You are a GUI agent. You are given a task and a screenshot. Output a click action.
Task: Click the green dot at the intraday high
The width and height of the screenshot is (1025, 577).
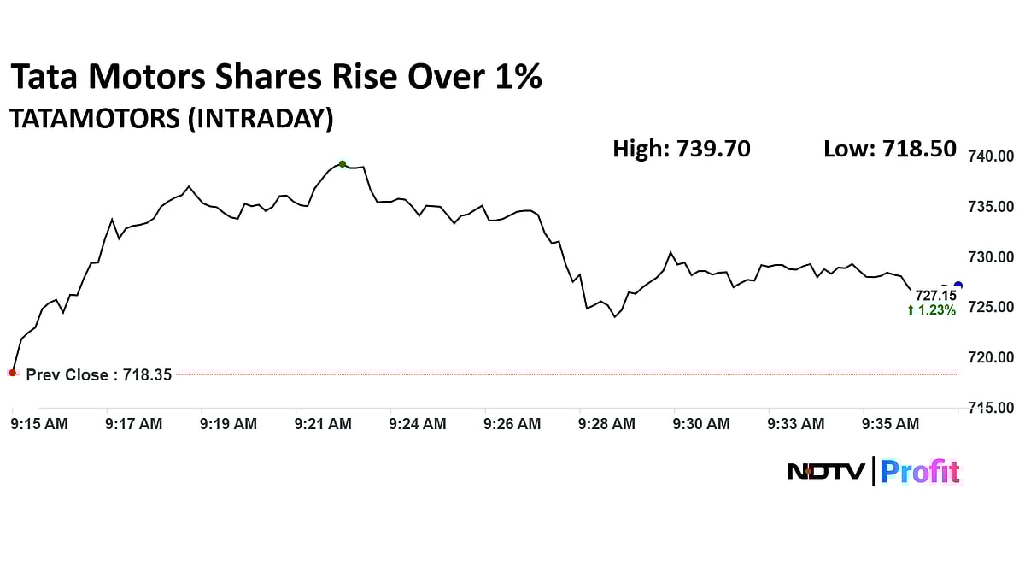click(343, 164)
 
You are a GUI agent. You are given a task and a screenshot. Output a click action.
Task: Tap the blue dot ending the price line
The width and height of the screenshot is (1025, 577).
click(958, 286)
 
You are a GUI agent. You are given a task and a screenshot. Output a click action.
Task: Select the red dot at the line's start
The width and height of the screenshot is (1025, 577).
click(12, 373)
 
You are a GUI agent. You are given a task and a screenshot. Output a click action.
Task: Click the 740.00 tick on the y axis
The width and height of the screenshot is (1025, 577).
click(990, 156)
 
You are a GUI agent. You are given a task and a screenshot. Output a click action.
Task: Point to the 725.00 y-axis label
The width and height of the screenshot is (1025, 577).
click(990, 307)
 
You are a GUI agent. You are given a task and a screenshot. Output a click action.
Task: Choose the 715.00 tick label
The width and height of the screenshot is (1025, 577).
click(990, 408)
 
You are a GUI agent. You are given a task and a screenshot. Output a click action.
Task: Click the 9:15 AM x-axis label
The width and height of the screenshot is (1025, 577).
click(39, 423)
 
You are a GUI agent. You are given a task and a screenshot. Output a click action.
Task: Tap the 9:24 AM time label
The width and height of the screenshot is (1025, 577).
click(417, 423)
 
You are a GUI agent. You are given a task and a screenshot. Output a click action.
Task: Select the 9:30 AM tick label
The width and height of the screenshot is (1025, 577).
click(701, 423)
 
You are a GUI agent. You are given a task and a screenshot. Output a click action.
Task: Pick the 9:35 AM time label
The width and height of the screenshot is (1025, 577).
click(890, 423)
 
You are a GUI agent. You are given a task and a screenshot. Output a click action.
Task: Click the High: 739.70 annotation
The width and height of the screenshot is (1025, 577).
click(682, 149)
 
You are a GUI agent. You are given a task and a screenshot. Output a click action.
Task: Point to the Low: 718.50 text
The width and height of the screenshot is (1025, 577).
click(889, 149)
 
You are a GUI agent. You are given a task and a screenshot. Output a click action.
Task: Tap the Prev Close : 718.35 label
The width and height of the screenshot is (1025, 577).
click(99, 375)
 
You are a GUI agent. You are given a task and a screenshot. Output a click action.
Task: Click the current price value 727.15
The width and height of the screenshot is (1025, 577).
click(935, 296)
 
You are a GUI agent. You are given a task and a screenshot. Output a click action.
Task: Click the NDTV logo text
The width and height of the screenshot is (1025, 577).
click(826, 471)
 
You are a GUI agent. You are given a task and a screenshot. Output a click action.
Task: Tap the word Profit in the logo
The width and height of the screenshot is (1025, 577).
click(920, 471)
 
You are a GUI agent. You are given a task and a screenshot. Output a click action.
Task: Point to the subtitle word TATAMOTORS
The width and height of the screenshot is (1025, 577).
click(93, 119)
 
